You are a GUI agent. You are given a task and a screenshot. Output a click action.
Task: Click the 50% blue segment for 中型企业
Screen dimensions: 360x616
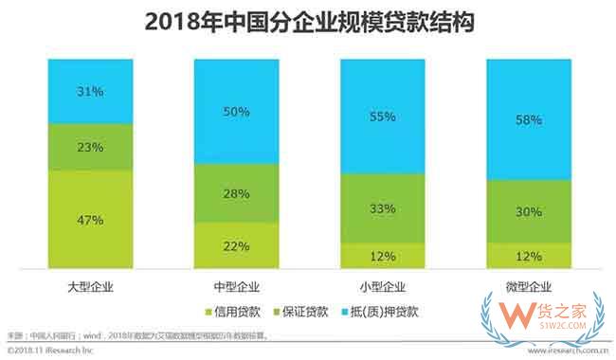[x=236, y=111]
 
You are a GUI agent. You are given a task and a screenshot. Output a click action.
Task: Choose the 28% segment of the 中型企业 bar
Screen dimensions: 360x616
[x=236, y=193]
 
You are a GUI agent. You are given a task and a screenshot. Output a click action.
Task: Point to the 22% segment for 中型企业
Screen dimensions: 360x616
[x=236, y=245]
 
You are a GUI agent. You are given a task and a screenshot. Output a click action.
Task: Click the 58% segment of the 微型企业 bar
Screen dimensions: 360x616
[x=529, y=119]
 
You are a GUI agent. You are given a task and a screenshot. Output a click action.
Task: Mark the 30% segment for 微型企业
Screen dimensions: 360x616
[x=529, y=211]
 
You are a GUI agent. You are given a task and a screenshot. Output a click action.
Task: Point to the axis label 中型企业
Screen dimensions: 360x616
[x=236, y=284]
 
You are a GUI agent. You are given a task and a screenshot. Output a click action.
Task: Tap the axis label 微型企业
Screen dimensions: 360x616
[x=529, y=284]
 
